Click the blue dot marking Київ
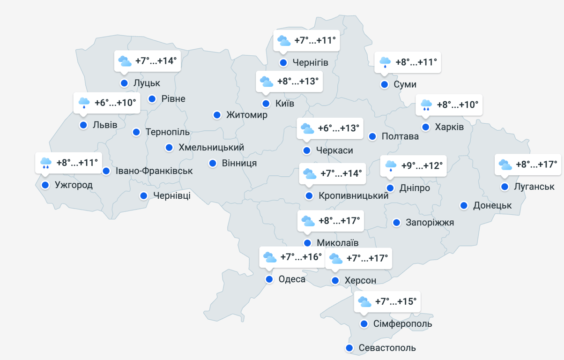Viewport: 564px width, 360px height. (x=266, y=104)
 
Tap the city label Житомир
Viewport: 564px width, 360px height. (x=246, y=115)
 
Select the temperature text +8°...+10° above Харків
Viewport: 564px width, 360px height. (x=457, y=105)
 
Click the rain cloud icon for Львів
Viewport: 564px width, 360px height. (x=84, y=102)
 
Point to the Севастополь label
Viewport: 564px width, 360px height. (x=387, y=348)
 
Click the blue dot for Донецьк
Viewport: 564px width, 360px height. (x=464, y=205)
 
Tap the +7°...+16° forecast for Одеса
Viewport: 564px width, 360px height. (x=301, y=257)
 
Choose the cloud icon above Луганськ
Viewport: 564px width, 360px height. (x=505, y=165)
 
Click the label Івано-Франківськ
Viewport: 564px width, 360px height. (x=154, y=171)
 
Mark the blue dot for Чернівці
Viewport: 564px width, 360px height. (x=144, y=195)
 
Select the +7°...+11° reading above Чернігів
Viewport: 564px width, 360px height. (x=315, y=40)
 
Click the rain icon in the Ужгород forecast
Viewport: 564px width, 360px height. (x=45, y=163)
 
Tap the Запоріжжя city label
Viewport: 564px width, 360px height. (x=430, y=223)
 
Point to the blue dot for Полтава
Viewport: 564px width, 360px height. (x=372, y=136)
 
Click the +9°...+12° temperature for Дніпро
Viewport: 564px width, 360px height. (x=422, y=165)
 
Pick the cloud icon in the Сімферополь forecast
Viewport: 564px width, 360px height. (x=364, y=301)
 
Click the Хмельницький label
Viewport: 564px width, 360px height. (x=211, y=148)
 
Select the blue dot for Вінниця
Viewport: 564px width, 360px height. (x=213, y=163)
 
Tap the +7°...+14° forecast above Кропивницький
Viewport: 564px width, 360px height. (x=341, y=173)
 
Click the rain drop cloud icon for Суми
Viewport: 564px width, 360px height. (x=385, y=62)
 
